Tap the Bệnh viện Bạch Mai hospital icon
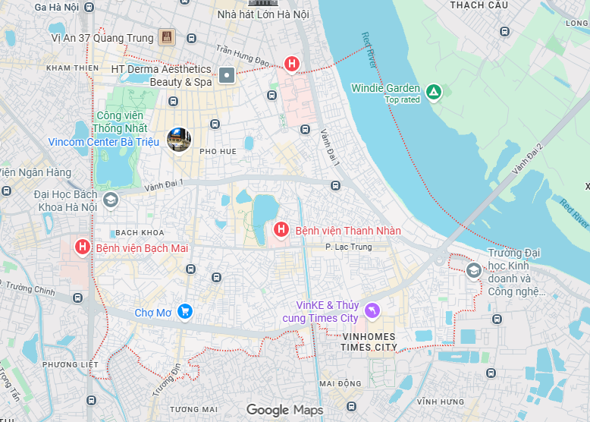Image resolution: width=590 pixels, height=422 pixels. pos(83,247)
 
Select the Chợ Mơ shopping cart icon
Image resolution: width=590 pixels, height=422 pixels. pos(184,311)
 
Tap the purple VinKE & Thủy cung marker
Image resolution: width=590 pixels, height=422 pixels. pos(372,310)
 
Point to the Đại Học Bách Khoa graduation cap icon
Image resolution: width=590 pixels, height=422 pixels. pos(111,200)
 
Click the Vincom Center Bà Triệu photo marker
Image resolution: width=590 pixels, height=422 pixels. pos(179,139)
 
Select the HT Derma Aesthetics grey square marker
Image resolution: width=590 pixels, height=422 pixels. pos(227,74)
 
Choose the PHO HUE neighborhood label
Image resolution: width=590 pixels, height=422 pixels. pos(218,151)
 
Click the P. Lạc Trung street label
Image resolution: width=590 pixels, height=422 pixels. pos(348,247)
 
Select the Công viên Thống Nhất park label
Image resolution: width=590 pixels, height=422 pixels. pos(121,121)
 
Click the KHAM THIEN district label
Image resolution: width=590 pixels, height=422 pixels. pos(72,68)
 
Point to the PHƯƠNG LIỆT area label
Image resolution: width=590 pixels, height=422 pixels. pos(71,364)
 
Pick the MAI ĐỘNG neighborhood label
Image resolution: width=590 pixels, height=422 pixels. pos(341,383)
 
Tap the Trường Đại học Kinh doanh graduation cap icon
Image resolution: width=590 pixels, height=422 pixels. pos(473,270)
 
